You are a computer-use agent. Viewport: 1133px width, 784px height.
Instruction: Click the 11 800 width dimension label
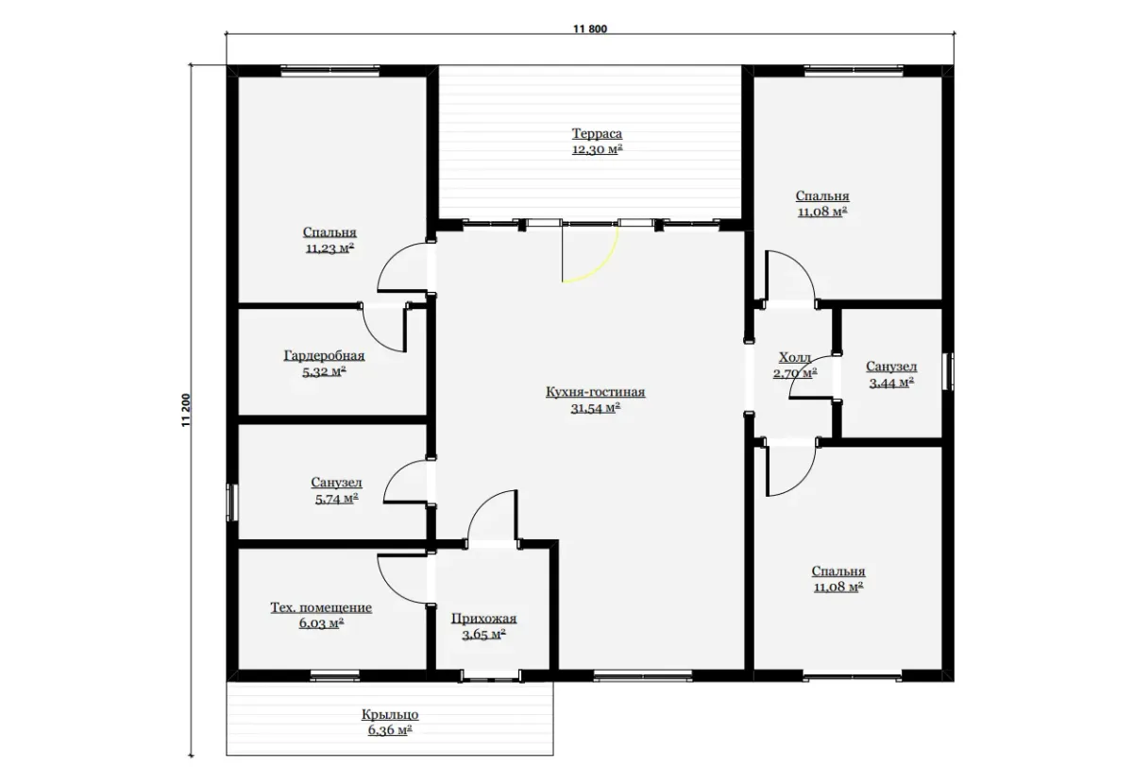tap(590, 29)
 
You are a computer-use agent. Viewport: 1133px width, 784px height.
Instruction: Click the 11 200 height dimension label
tap(186, 410)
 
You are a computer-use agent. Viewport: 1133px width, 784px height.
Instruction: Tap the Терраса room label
tap(597, 133)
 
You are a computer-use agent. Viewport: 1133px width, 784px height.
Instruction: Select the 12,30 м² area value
tap(597, 149)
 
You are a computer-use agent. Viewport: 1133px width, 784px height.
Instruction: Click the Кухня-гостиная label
tap(596, 392)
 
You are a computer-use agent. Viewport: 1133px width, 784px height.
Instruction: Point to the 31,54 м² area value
tap(596, 408)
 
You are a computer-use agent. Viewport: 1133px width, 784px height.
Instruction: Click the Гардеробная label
tap(324, 355)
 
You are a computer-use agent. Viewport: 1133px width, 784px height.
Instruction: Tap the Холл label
tap(795, 357)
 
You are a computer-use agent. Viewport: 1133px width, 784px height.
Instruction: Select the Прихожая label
tap(483, 618)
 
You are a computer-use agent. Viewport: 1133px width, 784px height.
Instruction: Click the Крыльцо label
tap(390, 714)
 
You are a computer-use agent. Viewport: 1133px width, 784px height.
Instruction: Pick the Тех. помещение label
tap(321, 606)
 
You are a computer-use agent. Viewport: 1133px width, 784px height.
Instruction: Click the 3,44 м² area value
tap(891, 383)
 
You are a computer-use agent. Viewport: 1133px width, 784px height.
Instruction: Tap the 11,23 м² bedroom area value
tap(330, 248)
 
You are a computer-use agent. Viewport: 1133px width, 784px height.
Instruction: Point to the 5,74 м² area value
tap(336, 499)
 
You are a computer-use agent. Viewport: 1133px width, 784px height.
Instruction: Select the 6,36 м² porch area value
tap(390, 730)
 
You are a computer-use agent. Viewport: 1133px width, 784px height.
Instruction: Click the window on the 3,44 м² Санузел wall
tap(949, 371)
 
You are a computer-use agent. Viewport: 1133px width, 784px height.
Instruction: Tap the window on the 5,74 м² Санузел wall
tap(231, 503)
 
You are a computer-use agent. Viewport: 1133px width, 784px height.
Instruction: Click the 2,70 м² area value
tap(795, 373)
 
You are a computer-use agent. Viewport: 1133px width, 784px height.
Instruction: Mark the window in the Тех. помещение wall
tap(334, 674)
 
